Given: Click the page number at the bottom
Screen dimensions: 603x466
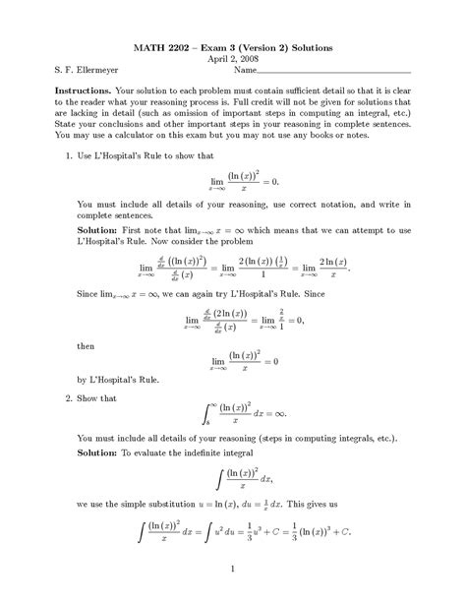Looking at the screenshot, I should (232, 571).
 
